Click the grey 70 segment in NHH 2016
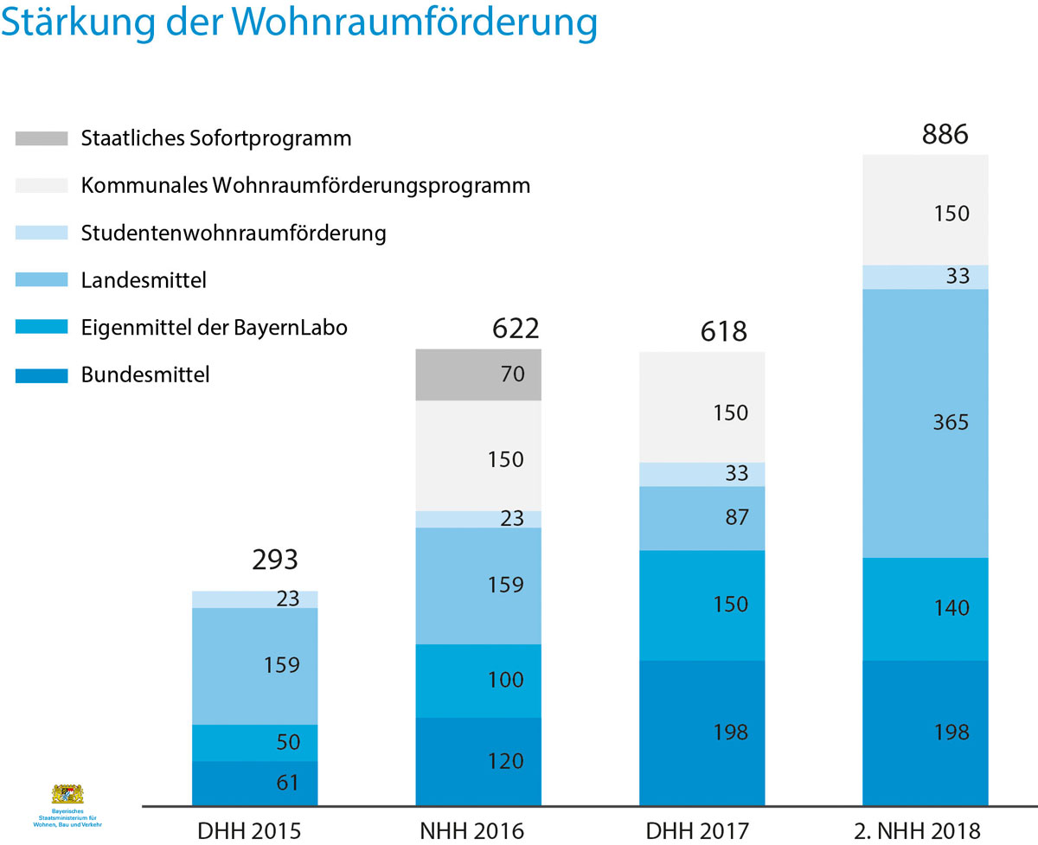click(478, 375)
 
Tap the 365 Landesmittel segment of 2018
click(926, 423)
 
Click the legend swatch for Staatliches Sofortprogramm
click(41, 138)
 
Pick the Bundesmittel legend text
click(145, 375)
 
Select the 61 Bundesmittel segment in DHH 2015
click(254, 784)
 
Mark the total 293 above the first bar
click(275, 560)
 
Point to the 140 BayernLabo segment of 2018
click(926, 608)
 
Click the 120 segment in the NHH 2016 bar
click(478, 761)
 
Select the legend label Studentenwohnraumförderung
click(234, 234)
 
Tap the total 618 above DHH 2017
click(723, 330)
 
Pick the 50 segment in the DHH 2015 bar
click(254, 742)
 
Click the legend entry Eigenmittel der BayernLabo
click(215, 328)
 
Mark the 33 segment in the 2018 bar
click(926, 277)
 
